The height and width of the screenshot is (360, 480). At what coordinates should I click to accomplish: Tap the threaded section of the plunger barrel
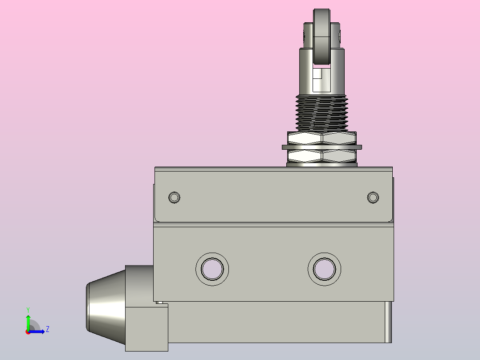tap(322, 113)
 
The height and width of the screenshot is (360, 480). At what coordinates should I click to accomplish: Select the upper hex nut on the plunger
tap(322, 138)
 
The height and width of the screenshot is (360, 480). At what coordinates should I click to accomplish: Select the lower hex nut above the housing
tap(322, 156)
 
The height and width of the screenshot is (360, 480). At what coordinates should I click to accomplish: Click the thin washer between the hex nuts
tap(322, 147)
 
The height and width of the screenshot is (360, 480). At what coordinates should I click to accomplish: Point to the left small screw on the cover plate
tap(174, 197)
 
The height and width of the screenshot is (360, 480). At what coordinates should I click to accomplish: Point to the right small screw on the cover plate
tap(373, 197)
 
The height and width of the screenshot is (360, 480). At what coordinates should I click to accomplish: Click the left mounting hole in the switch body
tap(212, 269)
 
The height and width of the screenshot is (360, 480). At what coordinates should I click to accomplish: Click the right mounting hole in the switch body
tap(325, 269)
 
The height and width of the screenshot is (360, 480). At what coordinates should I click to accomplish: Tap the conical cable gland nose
tap(106, 307)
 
